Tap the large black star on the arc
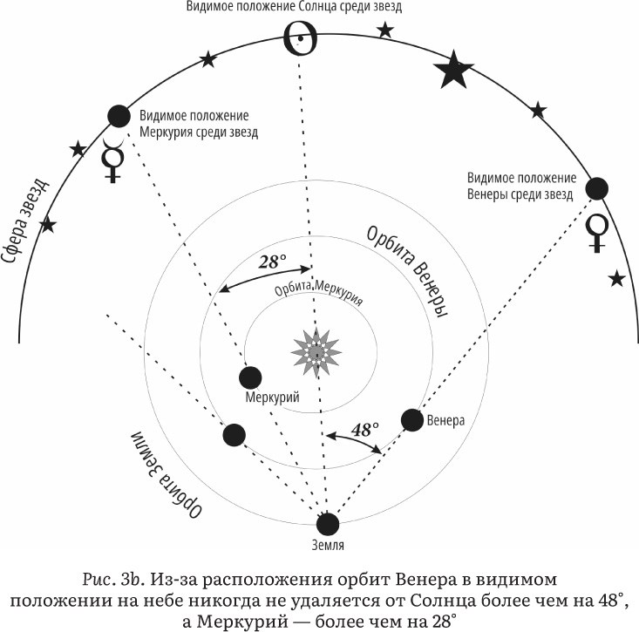tap(454, 71)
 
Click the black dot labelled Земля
tap(327, 524)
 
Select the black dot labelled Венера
tap(412, 420)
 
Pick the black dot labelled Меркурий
tap(251, 377)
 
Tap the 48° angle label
tap(364, 430)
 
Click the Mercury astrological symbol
tap(112, 160)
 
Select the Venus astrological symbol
tap(597, 231)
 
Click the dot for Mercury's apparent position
tap(118, 116)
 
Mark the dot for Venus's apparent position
tap(597, 187)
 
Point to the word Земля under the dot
tap(327, 546)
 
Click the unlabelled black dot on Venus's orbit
tap(234, 435)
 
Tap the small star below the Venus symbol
tap(617, 279)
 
